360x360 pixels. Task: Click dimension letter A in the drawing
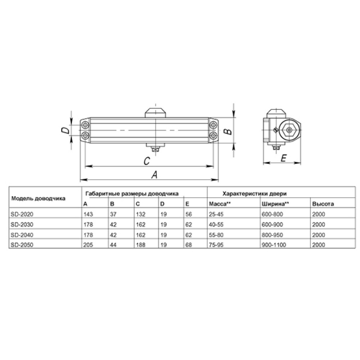pyautogui.click(x=154, y=175)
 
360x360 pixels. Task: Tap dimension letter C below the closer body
pyautogui.click(x=147, y=161)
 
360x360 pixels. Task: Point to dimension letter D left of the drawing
pyautogui.click(x=65, y=130)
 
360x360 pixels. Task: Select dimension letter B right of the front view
pyautogui.click(x=228, y=131)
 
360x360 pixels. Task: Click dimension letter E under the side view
pyautogui.click(x=284, y=158)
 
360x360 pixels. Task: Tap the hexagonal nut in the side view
pyautogui.click(x=289, y=130)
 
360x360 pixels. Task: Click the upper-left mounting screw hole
pyautogui.click(x=85, y=125)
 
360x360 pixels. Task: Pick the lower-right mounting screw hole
pyautogui.click(x=213, y=135)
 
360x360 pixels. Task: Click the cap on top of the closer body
pyautogui.click(x=156, y=113)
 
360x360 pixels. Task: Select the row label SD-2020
pyautogui.click(x=22, y=214)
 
